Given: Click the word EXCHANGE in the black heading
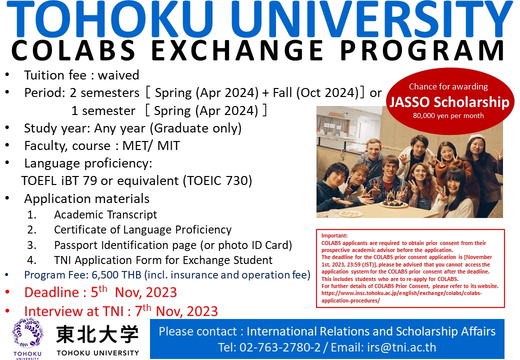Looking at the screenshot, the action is point(237,50).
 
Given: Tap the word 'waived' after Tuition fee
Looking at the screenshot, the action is point(118,75).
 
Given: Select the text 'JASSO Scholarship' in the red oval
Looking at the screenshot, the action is point(449,102).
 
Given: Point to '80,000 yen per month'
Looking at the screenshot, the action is point(448,115).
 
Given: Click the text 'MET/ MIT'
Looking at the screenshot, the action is point(151,145).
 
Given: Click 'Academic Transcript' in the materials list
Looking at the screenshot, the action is point(105,214).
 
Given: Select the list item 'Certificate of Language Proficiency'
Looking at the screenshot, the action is point(142,229).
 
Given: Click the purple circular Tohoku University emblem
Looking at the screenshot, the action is point(28,333).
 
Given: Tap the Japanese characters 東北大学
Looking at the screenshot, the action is point(97,334).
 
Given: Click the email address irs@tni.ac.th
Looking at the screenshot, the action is point(401,347).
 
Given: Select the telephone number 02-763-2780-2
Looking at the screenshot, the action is point(280,347).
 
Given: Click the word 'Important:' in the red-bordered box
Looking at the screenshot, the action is point(334,235).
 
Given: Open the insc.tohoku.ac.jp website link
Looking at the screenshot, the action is point(401,296).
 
